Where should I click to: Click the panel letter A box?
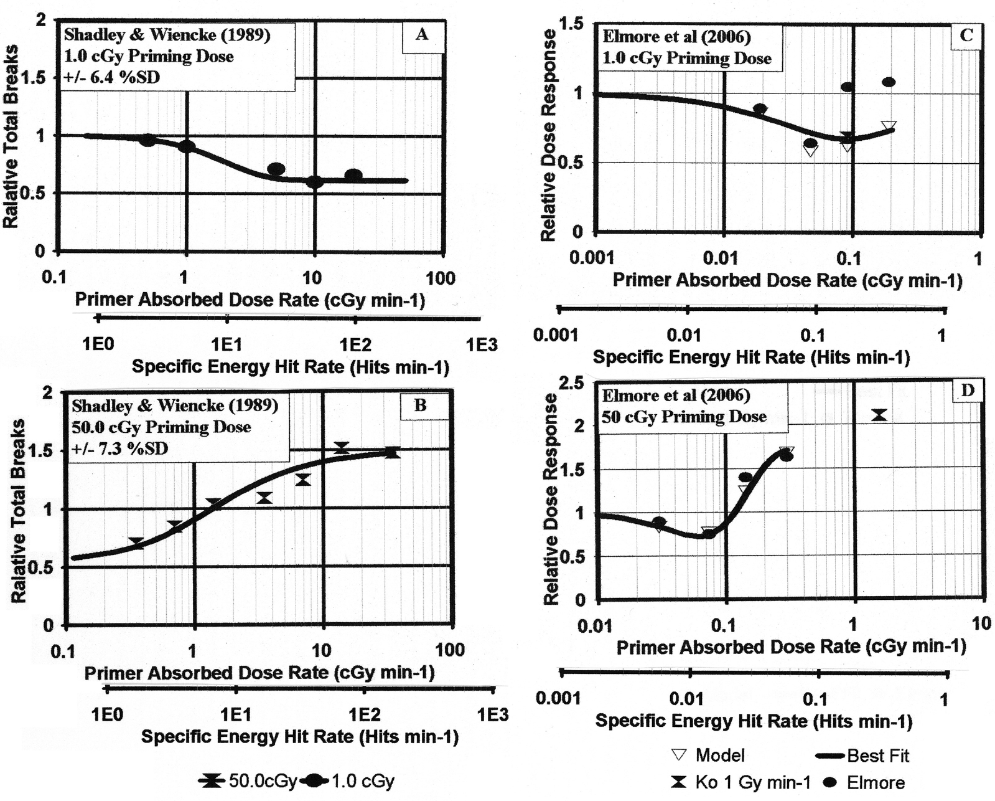[423, 36]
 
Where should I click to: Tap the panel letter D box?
[968, 392]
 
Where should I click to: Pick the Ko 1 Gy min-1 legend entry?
[740, 782]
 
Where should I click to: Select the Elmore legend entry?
[865, 782]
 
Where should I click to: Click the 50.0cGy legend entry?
[248, 781]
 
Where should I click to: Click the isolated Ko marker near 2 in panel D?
[879, 415]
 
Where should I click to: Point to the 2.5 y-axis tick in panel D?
[573, 383]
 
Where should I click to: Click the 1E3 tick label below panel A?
[482, 345]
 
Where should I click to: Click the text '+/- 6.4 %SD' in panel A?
[112, 77]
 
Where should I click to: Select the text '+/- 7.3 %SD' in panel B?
[119, 448]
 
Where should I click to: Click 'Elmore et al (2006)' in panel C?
[677, 37]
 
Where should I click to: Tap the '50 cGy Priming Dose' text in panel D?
[684, 417]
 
